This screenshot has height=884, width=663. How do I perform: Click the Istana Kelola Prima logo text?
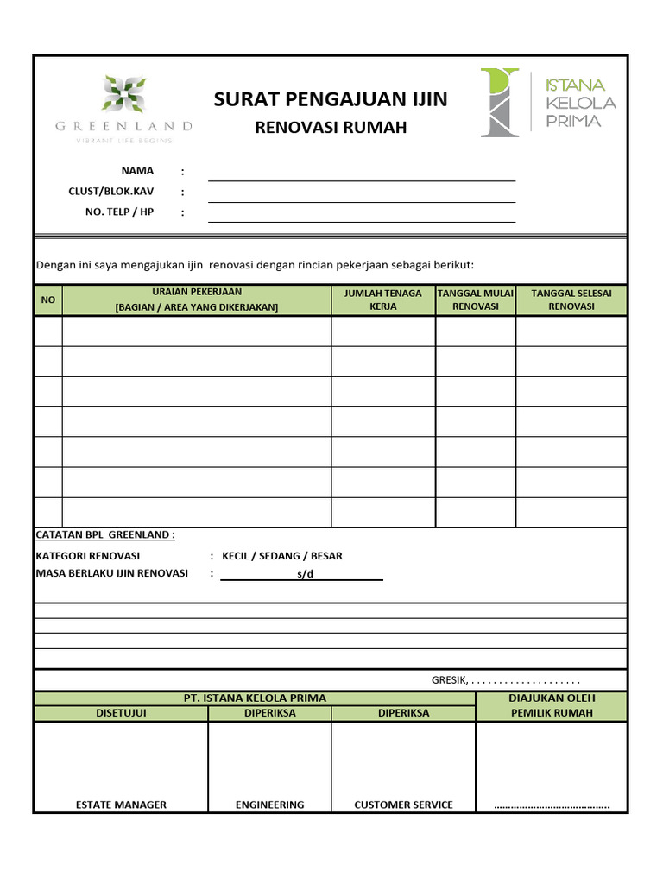click(580, 103)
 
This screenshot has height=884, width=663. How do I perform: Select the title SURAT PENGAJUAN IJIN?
click(331, 99)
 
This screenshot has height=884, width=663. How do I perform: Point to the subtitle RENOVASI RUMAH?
click(331, 128)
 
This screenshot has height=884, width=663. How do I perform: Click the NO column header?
click(48, 300)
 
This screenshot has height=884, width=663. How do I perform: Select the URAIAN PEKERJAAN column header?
click(197, 300)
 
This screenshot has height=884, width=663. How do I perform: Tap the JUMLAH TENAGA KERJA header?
click(383, 300)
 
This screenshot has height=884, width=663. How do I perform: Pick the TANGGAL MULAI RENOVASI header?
click(476, 300)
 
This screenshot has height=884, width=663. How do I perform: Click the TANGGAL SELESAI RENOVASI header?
click(571, 300)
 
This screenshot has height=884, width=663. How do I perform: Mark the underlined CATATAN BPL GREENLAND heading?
click(105, 534)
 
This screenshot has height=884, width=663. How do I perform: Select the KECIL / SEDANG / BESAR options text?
click(282, 556)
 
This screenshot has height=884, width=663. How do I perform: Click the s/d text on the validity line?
click(303, 574)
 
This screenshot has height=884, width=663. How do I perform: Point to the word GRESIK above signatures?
click(449, 680)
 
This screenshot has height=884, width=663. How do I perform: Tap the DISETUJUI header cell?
click(121, 713)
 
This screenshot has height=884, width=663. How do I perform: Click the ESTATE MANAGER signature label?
click(121, 805)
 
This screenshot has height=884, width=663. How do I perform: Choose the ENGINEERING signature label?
click(270, 805)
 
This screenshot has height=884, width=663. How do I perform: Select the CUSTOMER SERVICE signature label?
click(403, 805)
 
